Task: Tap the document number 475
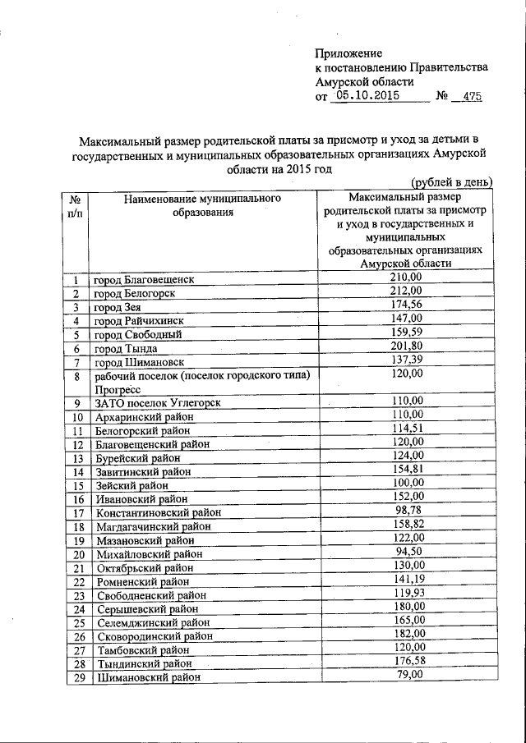[x=471, y=97]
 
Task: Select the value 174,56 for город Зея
[x=405, y=305]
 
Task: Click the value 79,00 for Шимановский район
[x=405, y=674]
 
